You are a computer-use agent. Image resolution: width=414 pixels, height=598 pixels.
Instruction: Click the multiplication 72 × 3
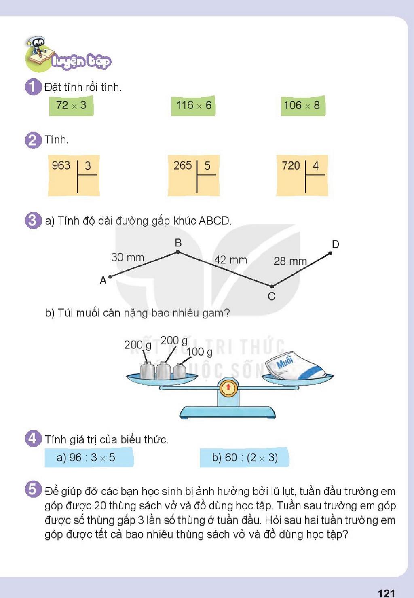pos(71,105)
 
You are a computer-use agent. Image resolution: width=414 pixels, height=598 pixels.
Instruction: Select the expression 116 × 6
pos(194,105)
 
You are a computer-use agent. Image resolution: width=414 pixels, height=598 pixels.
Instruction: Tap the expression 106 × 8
pos(302,105)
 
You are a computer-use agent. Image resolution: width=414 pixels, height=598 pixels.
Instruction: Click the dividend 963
pos(61,165)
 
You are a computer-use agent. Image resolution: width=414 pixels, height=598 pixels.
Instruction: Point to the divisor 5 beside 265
pos(207,166)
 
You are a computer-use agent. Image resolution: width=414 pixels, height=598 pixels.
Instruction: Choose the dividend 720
pos(291,166)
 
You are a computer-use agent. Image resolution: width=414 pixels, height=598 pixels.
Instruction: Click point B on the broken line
pos(178,252)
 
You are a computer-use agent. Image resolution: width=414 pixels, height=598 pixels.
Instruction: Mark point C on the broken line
pos(272,286)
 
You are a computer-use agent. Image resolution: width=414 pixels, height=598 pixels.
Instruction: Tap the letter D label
pos(336,244)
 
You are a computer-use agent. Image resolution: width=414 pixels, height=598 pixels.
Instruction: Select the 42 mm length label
pos(231,260)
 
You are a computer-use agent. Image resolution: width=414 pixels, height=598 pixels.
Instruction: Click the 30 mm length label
pos(127,257)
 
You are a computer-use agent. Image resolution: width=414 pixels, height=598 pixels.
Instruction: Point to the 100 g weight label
pos(199,352)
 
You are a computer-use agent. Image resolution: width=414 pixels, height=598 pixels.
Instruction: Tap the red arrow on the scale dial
pos(228,387)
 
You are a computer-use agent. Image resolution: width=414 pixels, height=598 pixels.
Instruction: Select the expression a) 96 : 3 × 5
pos(86,458)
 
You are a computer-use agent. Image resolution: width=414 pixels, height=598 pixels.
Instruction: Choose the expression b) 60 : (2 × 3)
pos(245,458)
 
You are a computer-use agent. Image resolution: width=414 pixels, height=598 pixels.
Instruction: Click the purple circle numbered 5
pos(33,489)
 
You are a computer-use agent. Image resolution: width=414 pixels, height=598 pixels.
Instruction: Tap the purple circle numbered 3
pos(33,221)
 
